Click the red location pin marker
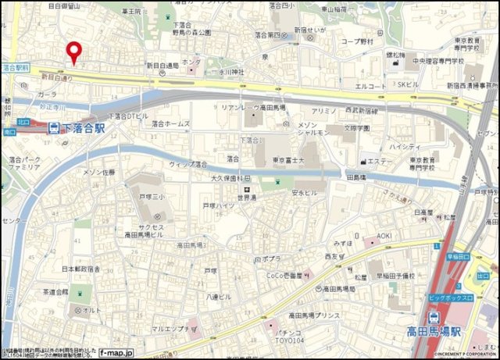[x=74, y=52]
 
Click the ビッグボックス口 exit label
[x=451, y=298]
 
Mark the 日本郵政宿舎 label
[x=81, y=269]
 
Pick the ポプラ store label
[x=270, y=258]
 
